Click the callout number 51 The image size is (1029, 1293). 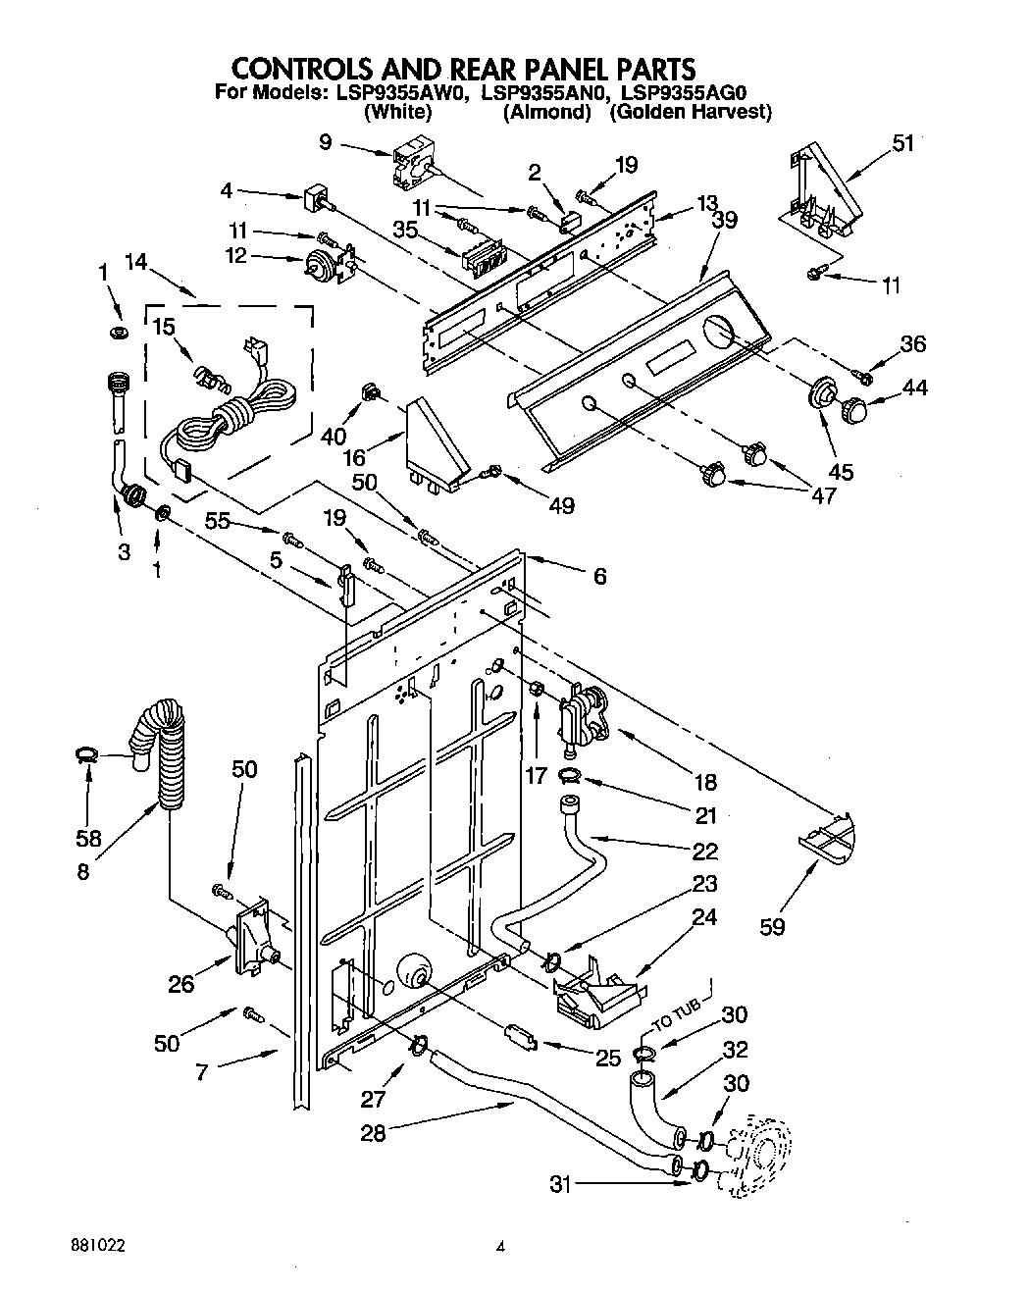[902, 143]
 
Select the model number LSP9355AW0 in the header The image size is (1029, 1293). [400, 93]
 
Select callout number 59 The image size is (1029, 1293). [772, 925]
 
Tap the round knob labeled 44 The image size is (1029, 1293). [855, 407]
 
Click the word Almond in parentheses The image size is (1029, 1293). [546, 112]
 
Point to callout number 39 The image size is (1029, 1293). [724, 221]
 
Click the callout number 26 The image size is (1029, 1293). [180, 983]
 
